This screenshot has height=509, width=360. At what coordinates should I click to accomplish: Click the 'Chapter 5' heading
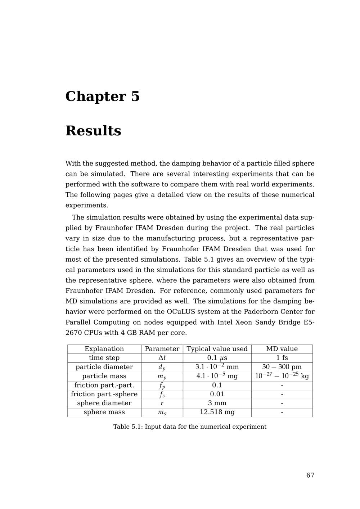coord(102,96)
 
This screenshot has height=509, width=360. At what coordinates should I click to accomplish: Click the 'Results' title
coord(93,131)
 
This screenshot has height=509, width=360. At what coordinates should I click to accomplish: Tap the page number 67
coord(310,475)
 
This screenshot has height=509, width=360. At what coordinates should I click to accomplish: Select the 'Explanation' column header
coord(104,349)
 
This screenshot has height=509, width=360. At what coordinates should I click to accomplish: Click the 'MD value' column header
coord(282,349)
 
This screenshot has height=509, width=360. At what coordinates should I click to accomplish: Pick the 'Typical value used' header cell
coord(217,349)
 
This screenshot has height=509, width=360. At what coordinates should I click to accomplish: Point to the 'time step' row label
coord(104,358)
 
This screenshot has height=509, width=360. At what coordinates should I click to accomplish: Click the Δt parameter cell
coord(162,358)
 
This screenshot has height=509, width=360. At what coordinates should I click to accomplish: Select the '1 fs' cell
coord(282,358)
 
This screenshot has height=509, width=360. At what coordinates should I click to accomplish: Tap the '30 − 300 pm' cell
coord(282,367)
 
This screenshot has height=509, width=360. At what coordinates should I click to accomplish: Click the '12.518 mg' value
coord(217,412)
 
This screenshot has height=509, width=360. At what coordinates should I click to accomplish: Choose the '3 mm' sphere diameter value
coord(217,403)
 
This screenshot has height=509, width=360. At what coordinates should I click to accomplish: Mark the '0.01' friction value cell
coord(217,394)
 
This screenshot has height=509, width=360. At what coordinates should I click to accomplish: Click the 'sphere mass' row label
coord(104,412)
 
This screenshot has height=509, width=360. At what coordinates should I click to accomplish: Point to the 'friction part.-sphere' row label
coord(104,394)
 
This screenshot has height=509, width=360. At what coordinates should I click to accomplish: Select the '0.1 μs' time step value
coord(217,358)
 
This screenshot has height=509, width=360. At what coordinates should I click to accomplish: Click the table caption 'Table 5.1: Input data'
coord(190,427)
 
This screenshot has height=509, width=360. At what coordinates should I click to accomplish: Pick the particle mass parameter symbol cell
coord(162,377)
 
